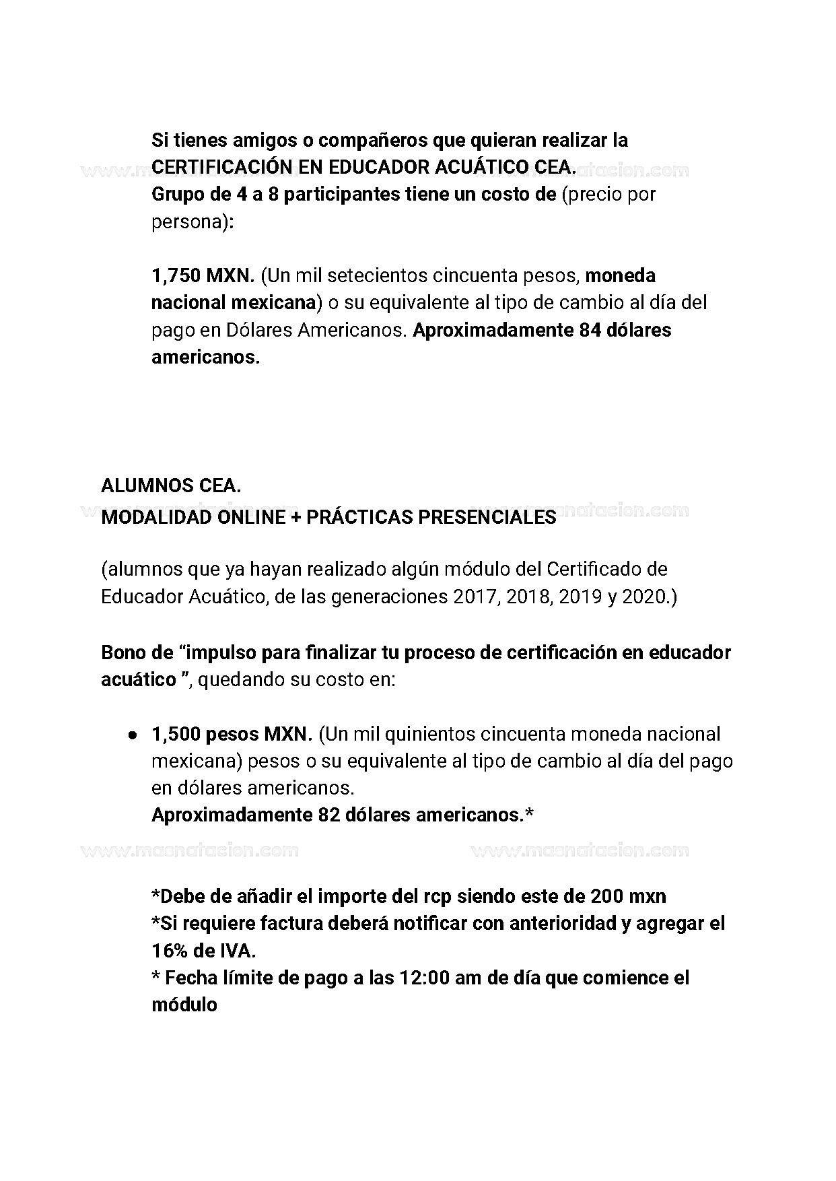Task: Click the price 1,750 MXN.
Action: pyautogui.click(x=203, y=276)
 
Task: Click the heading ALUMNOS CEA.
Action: pyautogui.click(x=171, y=485)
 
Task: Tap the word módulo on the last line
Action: pyautogui.click(x=184, y=1005)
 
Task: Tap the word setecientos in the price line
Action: pyautogui.click(x=378, y=276)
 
